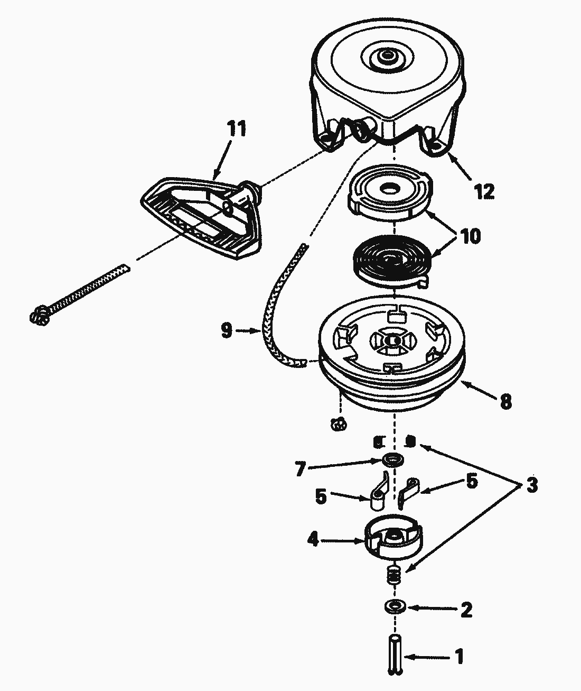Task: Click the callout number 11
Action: pos(237,130)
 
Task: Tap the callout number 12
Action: pos(484,191)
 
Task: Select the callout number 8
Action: pos(505,401)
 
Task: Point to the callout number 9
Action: pos(226,331)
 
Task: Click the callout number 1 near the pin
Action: pos(459,657)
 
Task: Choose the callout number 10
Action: pos(470,236)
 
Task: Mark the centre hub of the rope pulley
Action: pos(391,342)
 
